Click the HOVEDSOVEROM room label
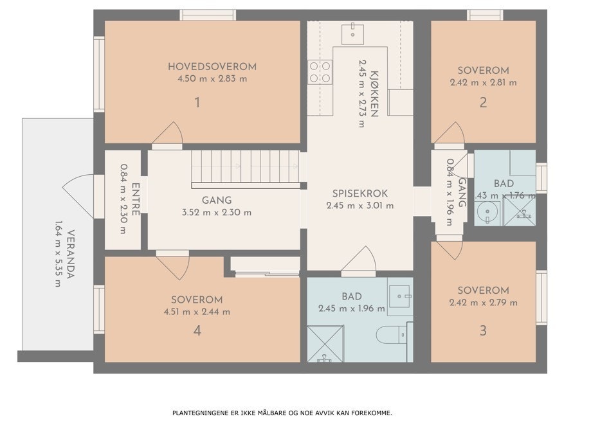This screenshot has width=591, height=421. (212, 66)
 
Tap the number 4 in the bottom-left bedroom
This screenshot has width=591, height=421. (197, 331)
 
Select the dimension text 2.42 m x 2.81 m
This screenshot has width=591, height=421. (483, 83)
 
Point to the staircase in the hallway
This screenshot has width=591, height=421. (246, 166)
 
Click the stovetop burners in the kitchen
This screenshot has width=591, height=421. (320, 72)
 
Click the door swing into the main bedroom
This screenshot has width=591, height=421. (167, 135)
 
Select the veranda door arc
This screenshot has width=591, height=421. (77, 193)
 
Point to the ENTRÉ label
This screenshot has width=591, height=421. (136, 200)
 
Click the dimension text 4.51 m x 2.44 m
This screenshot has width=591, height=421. (197, 312)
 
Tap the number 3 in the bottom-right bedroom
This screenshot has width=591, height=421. (483, 331)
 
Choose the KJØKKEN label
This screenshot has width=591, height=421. (374, 96)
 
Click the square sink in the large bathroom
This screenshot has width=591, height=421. (399, 296)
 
